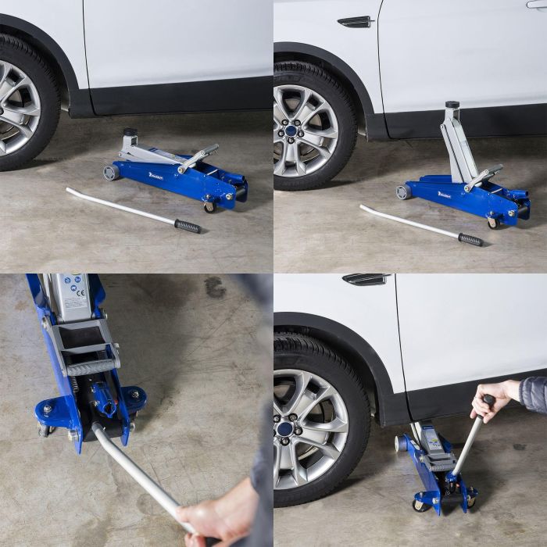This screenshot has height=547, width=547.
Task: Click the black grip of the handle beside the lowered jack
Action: point(187,227)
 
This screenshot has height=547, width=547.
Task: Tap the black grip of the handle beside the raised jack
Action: point(470,239)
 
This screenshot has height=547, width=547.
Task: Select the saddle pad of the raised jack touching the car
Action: point(452,105)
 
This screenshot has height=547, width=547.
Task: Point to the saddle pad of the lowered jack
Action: point(130,133)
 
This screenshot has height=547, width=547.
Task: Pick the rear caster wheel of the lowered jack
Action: point(209,206)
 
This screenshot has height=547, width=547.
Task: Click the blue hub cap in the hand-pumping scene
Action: point(284,429)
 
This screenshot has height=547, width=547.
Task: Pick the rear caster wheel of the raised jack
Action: point(494,222)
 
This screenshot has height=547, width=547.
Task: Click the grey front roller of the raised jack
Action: point(403,191)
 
